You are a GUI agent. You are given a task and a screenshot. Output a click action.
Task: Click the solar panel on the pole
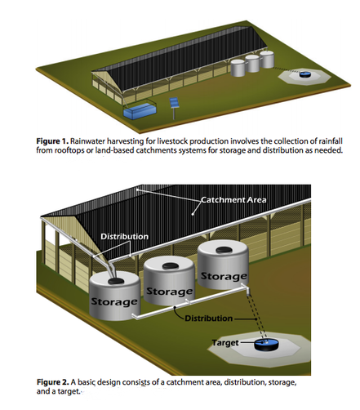174,103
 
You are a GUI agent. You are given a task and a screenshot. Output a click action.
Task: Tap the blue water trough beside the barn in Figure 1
140,111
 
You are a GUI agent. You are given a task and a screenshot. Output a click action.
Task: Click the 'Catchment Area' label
233,200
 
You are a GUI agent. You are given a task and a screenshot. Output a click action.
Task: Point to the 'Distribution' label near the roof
124,236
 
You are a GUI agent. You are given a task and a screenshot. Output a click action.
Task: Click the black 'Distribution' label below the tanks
209,319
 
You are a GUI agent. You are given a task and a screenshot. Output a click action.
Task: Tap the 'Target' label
225,342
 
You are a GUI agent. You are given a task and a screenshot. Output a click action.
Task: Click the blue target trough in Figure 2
267,345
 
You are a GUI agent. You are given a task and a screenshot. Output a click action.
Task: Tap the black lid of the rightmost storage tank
224,249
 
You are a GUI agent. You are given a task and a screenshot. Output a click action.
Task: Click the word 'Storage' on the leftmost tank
114,301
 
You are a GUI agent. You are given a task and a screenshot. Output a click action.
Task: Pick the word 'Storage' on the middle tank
169,292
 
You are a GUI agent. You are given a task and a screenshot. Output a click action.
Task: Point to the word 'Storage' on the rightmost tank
224,276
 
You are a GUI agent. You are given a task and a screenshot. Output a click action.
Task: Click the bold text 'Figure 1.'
52,141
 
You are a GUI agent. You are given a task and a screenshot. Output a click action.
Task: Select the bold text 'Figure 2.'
53,382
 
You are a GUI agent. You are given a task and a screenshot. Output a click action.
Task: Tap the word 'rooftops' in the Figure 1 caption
69,150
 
